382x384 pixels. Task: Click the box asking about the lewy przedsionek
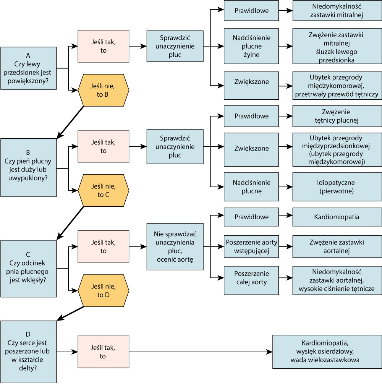click(28, 68)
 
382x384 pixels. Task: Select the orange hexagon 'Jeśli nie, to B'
click(104, 90)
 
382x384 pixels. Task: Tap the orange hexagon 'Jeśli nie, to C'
click(104, 190)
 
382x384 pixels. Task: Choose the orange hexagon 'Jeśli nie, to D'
click(104, 290)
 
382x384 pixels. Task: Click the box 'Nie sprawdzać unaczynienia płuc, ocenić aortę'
click(175, 246)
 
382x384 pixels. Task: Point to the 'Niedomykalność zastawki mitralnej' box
click(337, 11)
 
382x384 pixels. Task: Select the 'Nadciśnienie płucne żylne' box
click(251, 46)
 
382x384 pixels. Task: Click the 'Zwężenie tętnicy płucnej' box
click(337, 116)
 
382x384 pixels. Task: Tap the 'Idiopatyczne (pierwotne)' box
click(337, 187)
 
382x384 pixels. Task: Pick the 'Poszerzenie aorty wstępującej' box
click(251, 246)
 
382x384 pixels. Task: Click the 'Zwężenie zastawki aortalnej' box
click(337, 246)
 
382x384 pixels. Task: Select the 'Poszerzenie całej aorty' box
click(251, 280)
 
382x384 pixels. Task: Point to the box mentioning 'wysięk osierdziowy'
click(327, 352)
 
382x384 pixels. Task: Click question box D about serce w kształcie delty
click(28, 352)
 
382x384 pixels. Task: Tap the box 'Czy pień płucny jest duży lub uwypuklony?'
click(28, 167)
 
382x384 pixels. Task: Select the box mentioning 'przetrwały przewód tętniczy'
click(337, 86)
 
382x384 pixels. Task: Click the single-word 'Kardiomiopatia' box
click(337, 217)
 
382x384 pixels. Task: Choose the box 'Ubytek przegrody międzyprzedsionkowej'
click(337, 150)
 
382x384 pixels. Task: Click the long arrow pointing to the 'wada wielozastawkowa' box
click(201, 352)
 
